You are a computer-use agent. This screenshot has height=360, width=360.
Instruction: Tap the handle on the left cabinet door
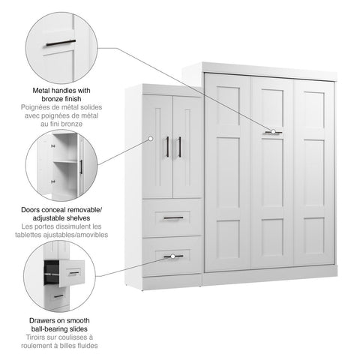pos(167,147)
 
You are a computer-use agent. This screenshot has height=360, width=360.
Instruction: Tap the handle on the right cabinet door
pos(179,147)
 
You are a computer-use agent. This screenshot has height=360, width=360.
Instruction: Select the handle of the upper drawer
pos(172,217)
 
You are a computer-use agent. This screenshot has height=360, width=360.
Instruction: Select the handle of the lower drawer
pos(172,256)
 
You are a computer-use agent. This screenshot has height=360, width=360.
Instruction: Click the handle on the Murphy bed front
pos(272,132)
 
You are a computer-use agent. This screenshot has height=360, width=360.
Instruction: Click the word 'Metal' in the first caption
pos(44,89)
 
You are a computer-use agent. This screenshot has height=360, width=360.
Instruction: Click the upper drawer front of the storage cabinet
pos(172,217)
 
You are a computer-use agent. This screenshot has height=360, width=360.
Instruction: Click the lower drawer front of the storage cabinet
pos(172,256)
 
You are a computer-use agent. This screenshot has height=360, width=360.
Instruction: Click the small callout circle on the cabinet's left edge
pos(151,139)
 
